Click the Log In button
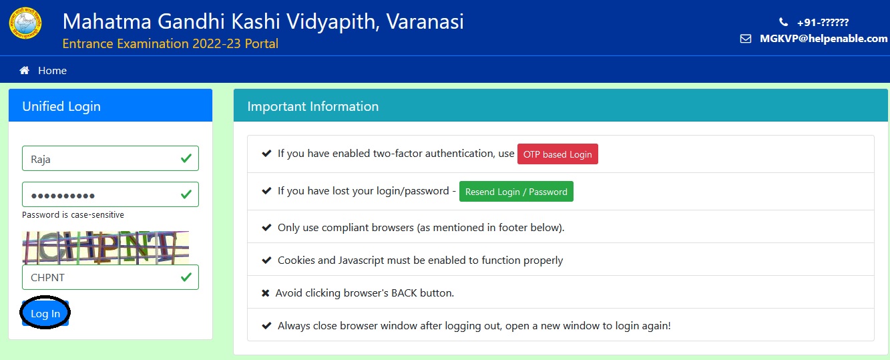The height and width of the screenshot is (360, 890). pos(45,313)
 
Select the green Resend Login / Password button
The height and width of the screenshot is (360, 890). pos(516,192)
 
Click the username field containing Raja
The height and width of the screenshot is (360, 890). pos(110,158)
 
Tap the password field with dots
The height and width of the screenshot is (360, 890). pos(110,194)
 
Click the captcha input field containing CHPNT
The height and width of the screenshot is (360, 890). pos(110,277)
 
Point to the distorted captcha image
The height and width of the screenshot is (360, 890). pos(105,248)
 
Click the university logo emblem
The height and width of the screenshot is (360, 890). pos(25,23)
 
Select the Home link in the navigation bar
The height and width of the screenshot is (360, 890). pos(53,70)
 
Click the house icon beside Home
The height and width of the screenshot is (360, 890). pos(25,70)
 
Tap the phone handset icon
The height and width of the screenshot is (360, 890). pos(783,22)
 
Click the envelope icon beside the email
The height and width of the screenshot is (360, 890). pos(746,39)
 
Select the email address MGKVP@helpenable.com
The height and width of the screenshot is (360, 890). pos(823,39)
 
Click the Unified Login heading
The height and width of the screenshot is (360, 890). pos(61,106)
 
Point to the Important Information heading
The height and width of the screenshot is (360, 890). pos(313,106)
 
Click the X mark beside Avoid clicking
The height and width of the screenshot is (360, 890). pos(266,293)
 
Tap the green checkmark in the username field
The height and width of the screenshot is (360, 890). pos(186,158)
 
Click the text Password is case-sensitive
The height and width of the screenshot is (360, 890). pos(73,214)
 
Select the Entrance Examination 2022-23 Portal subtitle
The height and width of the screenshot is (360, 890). pos(170,43)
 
